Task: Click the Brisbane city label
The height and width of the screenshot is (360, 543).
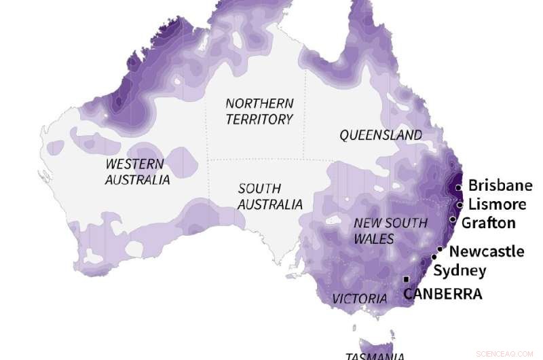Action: pos(500,185)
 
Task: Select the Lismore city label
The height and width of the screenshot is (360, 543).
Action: pos(498,204)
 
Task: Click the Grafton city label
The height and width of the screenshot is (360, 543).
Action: pos(489,223)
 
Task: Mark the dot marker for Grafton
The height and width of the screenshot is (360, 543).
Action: pos(453,219)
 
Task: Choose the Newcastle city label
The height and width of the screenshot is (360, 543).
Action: pos(487,251)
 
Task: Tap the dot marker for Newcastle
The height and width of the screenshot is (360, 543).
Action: pos(440,249)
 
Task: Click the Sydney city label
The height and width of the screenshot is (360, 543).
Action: pos(460,271)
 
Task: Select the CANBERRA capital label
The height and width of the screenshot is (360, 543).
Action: pos(443,294)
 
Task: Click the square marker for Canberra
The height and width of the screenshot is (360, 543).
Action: pos(407,279)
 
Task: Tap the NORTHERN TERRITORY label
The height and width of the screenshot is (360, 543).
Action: pos(259,111)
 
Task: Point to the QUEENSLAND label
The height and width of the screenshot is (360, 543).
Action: pos(381,135)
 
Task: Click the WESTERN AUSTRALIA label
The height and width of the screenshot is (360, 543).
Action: pos(136,172)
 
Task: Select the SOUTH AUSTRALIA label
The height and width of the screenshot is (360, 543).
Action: pos(269,196)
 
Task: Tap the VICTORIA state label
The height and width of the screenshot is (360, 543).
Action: pos(360,299)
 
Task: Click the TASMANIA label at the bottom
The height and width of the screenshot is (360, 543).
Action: pos(375,356)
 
